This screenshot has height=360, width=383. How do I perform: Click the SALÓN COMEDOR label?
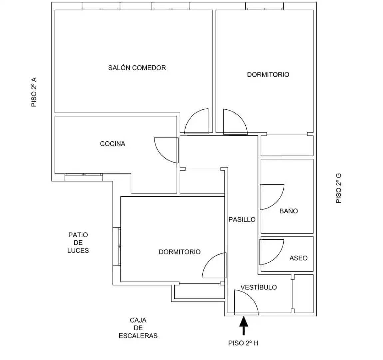click(137, 68)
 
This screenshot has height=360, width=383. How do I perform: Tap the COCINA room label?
click(113, 144)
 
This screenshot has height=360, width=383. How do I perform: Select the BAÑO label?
click(289, 211)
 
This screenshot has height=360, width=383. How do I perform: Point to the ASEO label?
click(298, 258)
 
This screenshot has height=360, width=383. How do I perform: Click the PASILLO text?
click(242, 220)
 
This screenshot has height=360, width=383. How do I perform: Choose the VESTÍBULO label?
click(259, 287)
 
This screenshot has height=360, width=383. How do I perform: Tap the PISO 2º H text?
click(243, 343)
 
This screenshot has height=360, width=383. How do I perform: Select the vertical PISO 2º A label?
click(34, 92)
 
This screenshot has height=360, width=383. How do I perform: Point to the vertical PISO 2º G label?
click(339, 188)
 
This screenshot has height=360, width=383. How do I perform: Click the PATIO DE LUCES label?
click(78, 243)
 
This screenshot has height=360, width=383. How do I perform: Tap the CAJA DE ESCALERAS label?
click(138, 328)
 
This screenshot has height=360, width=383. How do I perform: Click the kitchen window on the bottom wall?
click(84, 177)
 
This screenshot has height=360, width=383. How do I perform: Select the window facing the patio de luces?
click(117, 246)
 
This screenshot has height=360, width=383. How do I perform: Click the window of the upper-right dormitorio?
click(265, 6)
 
